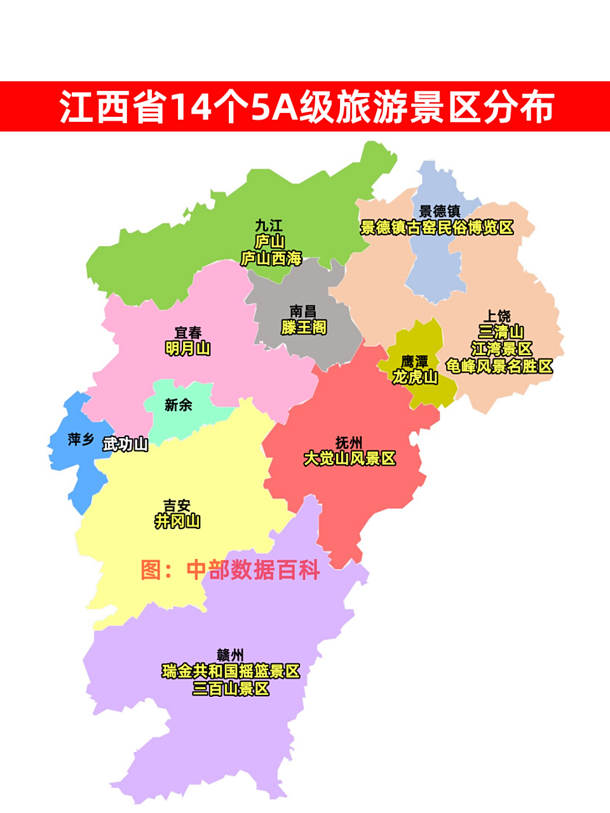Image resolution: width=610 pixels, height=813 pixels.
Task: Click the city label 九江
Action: pyautogui.click(x=269, y=225)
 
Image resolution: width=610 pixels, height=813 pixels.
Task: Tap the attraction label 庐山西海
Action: pyautogui.click(x=271, y=259)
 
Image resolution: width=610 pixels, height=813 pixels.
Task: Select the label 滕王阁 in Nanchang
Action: pyautogui.click(x=304, y=327)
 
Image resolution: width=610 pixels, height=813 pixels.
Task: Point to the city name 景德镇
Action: pyautogui.click(x=440, y=211)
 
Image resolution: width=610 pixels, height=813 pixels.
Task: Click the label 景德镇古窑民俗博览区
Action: pyautogui.click(x=437, y=227)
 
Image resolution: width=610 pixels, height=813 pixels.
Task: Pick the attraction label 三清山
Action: pyautogui.click(x=501, y=332)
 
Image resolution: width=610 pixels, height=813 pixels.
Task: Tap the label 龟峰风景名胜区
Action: pyautogui.click(x=499, y=366)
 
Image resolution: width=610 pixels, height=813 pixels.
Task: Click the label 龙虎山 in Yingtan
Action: pyautogui.click(x=415, y=377)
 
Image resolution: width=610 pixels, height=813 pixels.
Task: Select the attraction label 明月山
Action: pyautogui.click(x=188, y=348)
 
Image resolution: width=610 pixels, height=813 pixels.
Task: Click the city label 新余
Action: pyautogui.click(x=178, y=405)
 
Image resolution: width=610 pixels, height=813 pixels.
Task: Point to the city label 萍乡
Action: pyautogui.click(x=81, y=439)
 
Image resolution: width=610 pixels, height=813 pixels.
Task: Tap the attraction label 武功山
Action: pyautogui.click(x=126, y=444)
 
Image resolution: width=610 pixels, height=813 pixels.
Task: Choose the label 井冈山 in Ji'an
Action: pyautogui.click(x=177, y=521)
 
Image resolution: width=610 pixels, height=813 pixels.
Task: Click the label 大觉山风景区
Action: pyautogui.click(x=349, y=458)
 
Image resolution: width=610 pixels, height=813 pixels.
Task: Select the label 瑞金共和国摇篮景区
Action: pyautogui.click(x=231, y=671)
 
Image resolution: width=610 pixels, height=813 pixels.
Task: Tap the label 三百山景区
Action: pyautogui.click(x=231, y=689)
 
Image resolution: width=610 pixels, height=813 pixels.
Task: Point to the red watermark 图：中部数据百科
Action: pyautogui.click(x=230, y=570)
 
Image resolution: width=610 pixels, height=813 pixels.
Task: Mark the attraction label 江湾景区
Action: pyautogui.click(x=501, y=349)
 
